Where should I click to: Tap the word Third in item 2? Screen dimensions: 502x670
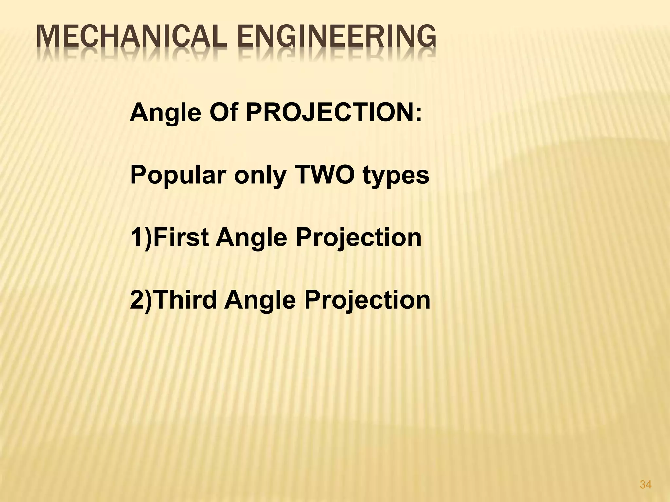point(185,300)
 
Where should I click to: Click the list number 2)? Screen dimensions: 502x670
point(141,300)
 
